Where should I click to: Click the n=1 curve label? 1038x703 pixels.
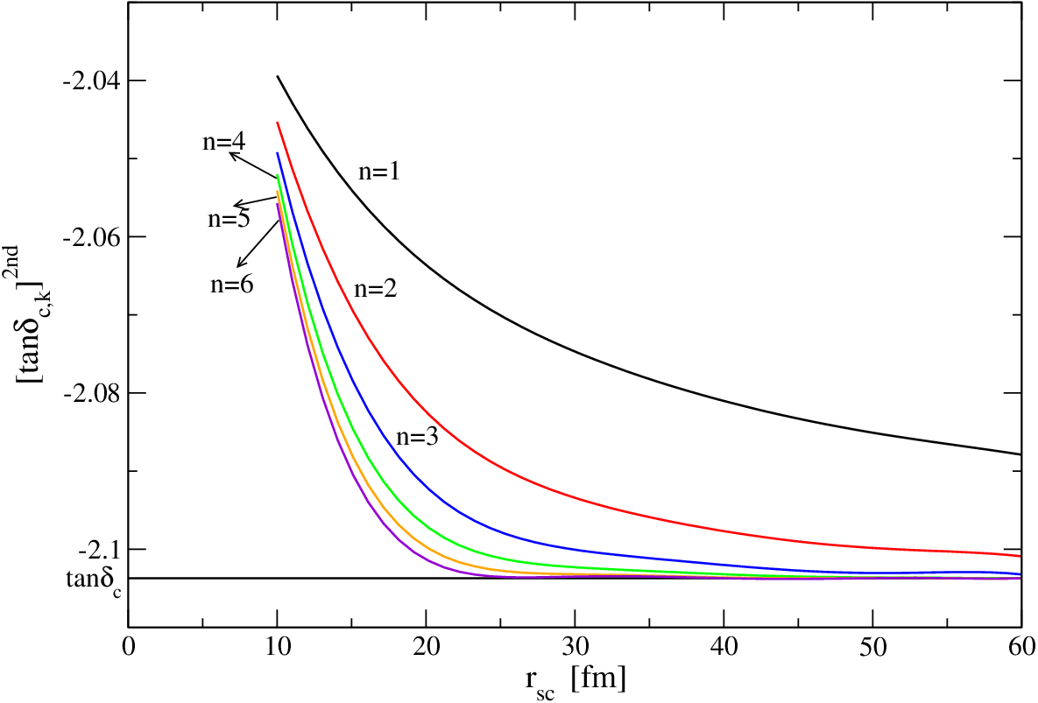(x=379, y=172)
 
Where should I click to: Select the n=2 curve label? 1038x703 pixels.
(x=376, y=288)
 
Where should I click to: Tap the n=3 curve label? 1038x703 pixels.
(x=417, y=437)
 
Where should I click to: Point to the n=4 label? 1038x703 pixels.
(x=223, y=142)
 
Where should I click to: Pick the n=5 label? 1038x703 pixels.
(x=229, y=218)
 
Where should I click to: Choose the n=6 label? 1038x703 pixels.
(x=232, y=285)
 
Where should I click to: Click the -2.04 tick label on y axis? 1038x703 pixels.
(x=88, y=81)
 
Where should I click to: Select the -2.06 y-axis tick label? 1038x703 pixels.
(x=88, y=236)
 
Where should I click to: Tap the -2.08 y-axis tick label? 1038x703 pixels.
(x=88, y=393)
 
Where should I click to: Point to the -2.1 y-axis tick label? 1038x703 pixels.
(x=97, y=549)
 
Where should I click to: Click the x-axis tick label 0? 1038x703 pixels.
(x=129, y=646)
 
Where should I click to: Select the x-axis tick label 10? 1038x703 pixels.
(x=278, y=646)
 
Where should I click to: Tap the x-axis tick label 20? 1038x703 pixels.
(x=427, y=646)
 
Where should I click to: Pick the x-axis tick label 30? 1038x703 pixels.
(x=575, y=646)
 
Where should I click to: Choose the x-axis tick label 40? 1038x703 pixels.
(x=724, y=646)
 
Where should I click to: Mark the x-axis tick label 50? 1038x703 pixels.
(x=873, y=646)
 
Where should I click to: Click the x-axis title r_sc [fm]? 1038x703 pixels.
(x=575, y=682)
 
